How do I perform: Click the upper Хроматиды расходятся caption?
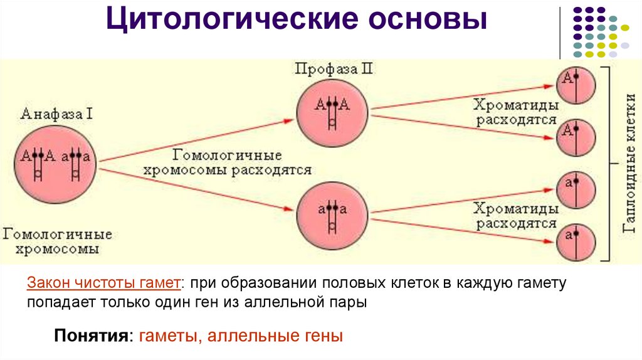(x=516, y=112)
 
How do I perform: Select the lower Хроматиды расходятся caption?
(x=516, y=216)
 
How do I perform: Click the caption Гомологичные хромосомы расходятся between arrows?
(x=228, y=162)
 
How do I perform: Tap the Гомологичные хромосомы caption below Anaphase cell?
(x=58, y=241)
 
